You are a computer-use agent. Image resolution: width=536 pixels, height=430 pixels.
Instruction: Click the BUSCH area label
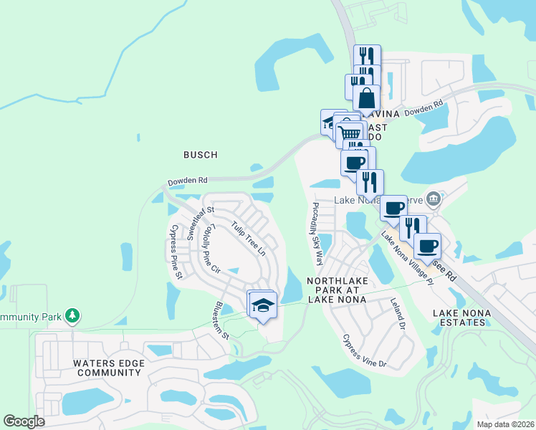coord(200,154)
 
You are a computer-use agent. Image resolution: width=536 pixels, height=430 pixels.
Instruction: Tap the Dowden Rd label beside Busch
coord(187,181)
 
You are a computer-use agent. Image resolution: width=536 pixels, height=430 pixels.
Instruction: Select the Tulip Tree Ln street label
coord(248,239)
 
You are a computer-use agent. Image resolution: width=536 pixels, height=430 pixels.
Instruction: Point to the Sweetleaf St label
coord(191,222)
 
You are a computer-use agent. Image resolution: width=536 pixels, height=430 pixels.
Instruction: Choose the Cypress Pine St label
coord(176,243)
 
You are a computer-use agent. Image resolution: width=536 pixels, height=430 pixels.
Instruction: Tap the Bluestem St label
coord(220,320)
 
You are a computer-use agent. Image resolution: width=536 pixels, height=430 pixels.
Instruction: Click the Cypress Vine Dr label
coord(364,351)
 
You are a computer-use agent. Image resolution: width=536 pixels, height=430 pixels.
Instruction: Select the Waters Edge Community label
coord(109,368)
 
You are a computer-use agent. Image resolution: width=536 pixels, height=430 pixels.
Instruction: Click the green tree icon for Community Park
coord(72,315)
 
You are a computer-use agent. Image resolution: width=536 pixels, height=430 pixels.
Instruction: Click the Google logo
coord(24,421)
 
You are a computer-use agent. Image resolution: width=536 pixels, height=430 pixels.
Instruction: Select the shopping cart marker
coord(350,133)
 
